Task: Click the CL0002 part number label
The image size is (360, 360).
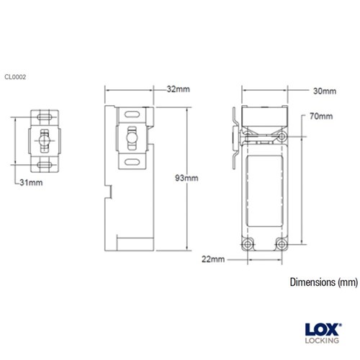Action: [x=16, y=76]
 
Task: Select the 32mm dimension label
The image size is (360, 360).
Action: [x=178, y=90]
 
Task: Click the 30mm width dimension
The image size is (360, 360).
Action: [x=325, y=91]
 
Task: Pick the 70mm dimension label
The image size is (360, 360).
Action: [x=321, y=116]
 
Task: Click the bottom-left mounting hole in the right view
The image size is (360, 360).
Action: [x=250, y=243]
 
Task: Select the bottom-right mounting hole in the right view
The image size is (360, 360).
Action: [x=282, y=243]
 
